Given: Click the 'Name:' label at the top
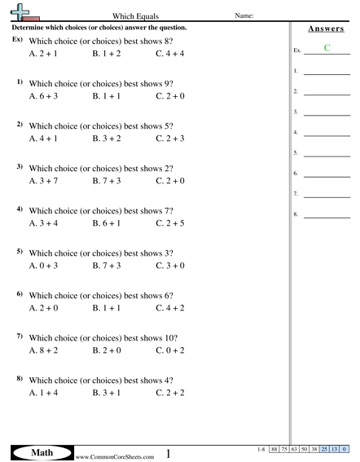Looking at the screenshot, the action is (x=245, y=16).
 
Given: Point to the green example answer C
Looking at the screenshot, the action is (x=327, y=48).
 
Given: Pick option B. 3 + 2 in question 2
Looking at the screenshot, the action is (x=107, y=139).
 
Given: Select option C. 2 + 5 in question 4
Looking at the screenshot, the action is (x=170, y=222).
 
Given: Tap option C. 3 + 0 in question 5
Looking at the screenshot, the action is (x=170, y=266).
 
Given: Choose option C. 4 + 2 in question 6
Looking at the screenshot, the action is (x=170, y=308).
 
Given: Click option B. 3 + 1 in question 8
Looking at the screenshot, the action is (x=107, y=393).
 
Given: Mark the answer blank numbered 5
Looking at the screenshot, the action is (x=327, y=154).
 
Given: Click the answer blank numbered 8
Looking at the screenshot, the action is (x=327, y=216).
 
